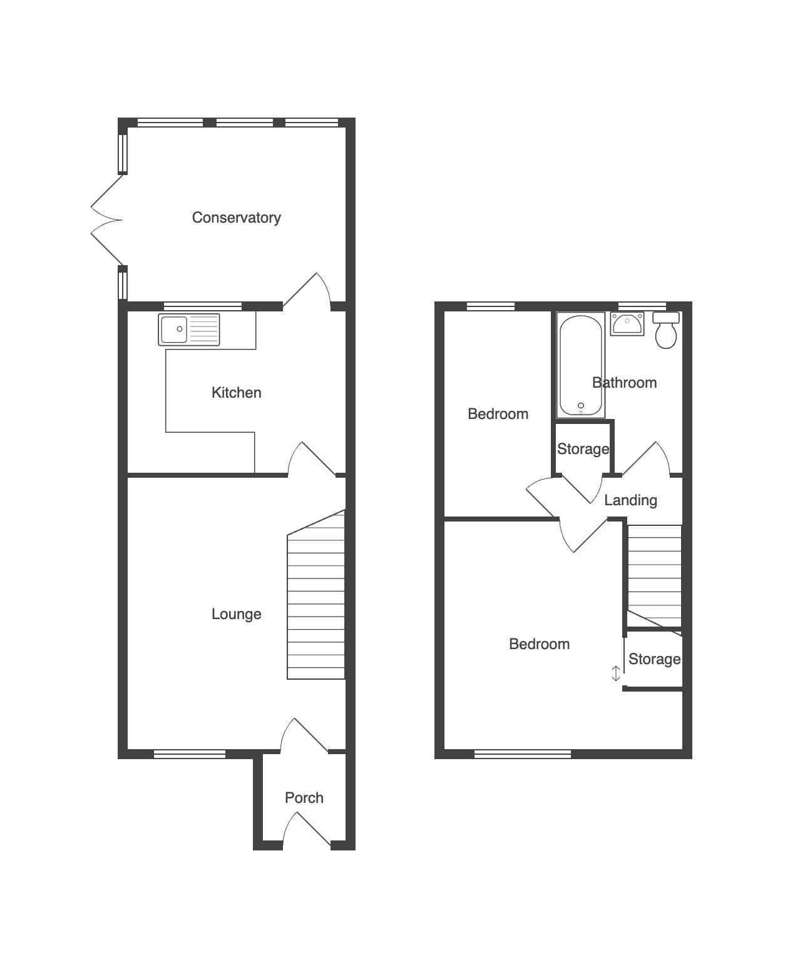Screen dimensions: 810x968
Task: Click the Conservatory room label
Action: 236,218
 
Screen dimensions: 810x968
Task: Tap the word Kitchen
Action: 236,393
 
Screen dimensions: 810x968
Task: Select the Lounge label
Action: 236,614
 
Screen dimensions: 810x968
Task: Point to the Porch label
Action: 304,798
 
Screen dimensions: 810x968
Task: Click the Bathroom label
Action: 624,383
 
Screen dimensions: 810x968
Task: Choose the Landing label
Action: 630,500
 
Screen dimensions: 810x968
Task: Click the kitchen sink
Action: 189,330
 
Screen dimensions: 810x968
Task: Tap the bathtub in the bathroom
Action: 581,365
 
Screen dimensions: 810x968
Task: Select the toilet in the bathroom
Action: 666,330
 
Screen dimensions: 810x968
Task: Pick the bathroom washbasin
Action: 627,323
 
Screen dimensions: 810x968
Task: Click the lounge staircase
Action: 316,595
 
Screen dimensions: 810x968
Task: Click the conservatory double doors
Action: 107,219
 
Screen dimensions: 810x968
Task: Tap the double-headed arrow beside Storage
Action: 616,673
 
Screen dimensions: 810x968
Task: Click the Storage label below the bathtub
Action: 583,449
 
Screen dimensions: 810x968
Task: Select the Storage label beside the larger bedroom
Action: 655,659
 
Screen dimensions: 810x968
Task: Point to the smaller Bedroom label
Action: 498,414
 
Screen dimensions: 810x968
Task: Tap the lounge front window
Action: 190,754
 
